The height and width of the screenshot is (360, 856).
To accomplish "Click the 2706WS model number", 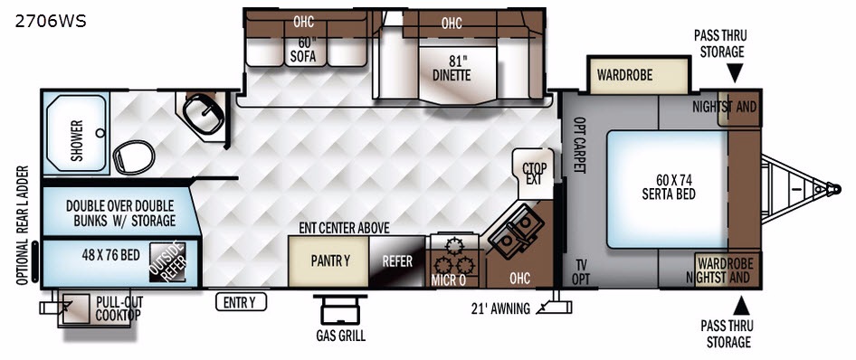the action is (x=51, y=22).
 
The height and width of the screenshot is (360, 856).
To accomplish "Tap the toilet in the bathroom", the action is (x=134, y=156).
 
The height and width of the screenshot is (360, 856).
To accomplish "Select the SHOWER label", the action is (x=76, y=140).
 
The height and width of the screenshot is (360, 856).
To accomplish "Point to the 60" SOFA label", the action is (x=303, y=49).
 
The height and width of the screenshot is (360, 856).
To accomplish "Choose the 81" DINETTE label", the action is (x=452, y=68).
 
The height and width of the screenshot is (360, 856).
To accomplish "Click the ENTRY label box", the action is (x=240, y=301).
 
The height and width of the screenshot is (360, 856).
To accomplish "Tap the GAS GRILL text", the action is (x=340, y=336).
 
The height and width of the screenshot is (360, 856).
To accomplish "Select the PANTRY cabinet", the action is (x=328, y=261).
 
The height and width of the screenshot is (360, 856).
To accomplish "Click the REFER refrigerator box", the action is (x=397, y=261).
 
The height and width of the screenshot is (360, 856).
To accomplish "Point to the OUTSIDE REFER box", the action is (x=168, y=261).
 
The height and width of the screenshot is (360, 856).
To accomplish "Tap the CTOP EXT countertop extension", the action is (x=533, y=173).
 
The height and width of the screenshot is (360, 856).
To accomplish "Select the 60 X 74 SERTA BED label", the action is (x=668, y=186).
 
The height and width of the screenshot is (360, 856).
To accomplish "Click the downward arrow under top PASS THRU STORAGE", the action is (x=735, y=73).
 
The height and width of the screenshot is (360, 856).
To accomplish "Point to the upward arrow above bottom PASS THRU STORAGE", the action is (x=741, y=306).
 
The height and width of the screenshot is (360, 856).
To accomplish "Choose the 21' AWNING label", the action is (x=500, y=308).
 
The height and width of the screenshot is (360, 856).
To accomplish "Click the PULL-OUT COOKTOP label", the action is (x=119, y=308).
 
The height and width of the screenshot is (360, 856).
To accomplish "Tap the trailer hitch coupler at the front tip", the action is (x=833, y=189).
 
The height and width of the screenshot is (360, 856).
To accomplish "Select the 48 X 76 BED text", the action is (x=110, y=255).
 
